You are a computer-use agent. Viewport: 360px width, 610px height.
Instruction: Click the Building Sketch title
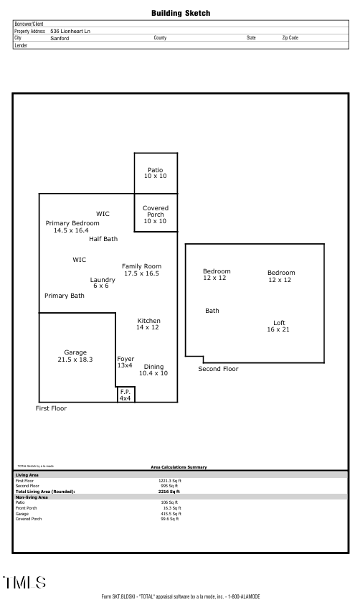[181, 14]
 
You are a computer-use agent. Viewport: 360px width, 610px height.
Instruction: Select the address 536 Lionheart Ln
[70, 31]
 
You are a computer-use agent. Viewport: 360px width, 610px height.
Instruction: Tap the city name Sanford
[60, 37]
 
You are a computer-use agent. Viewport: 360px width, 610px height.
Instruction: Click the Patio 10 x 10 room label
[155, 173]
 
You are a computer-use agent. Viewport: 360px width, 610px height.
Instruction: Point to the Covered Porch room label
[155, 215]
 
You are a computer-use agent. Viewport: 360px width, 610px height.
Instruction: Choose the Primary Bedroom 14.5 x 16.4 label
[72, 227]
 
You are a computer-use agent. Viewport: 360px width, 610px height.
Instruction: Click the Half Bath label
[103, 239]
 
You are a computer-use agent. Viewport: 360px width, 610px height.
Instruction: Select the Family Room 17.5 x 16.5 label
[141, 270]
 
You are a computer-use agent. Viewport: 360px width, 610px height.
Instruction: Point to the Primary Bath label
[65, 296]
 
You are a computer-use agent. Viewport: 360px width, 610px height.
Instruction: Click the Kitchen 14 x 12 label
[148, 324]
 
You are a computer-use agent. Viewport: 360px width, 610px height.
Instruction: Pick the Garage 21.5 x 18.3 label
[75, 355]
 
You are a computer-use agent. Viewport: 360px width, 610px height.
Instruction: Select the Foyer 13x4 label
[125, 362]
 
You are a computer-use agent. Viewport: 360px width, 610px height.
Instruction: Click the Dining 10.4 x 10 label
[153, 370]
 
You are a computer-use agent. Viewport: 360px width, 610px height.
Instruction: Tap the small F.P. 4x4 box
[125, 395]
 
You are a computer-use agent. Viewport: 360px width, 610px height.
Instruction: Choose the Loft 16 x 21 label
[279, 327]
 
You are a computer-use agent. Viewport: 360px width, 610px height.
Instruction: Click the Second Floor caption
[218, 369]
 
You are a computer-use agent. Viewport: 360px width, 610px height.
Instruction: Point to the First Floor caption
[51, 408]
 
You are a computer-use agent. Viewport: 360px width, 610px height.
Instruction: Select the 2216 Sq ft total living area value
[169, 492]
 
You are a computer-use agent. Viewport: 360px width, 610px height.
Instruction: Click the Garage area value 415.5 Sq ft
[171, 513]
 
